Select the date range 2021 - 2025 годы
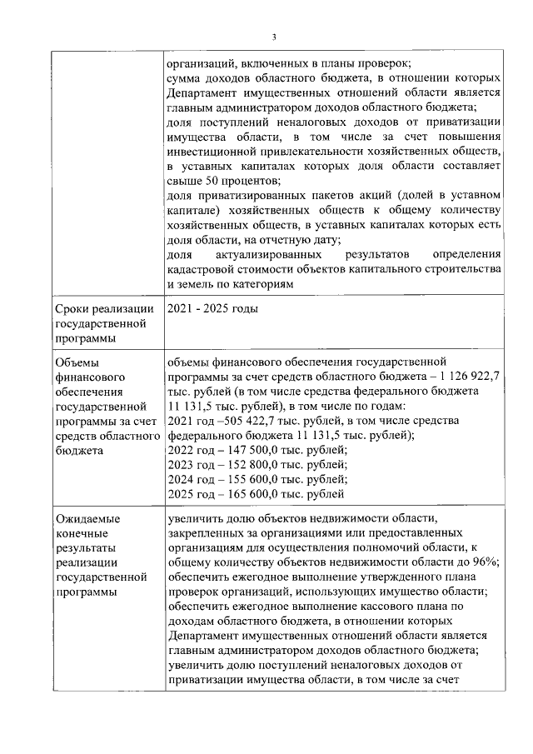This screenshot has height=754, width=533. [x=212, y=309]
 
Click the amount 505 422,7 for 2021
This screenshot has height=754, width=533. [x=232, y=421]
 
